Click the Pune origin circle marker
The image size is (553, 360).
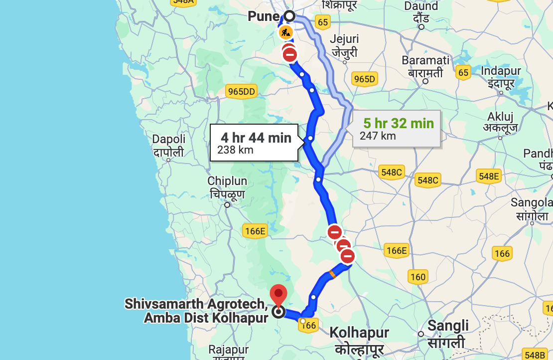click(289, 16)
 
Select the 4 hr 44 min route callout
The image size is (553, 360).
click(256, 143)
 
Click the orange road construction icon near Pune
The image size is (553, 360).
click(285, 33)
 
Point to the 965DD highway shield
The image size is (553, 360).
click(241, 91)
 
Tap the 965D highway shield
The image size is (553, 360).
click(365, 78)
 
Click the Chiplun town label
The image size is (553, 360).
click(227, 187)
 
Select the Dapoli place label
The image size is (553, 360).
click(168, 145)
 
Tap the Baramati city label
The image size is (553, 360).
click(425, 66)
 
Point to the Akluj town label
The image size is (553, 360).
click(500, 122)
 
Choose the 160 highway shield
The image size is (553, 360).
click(417, 277)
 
